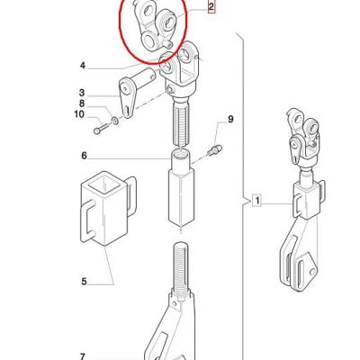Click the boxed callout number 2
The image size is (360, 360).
click(x=211, y=7)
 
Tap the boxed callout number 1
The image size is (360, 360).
click(x=257, y=200)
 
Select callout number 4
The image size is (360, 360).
click(x=83, y=66)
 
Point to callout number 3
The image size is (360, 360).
click(x=82, y=93)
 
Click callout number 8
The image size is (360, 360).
click(x=82, y=103)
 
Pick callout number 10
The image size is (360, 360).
click(x=79, y=114)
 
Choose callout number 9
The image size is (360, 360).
click(x=230, y=120)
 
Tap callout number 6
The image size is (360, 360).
click(x=84, y=156)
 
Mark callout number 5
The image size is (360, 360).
click(x=84, y=282)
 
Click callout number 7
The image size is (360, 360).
click(x=83, y=356)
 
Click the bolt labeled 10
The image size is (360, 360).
click(x=100, y=130)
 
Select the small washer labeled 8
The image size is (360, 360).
click(x=114, y=121)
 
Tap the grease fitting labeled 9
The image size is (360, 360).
click(x=215, y=149)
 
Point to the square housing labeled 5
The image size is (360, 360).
click(x=106, y=209)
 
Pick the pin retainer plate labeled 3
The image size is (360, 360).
click(x=129, y=97)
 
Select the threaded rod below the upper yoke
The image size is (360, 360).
click(x=181, y=122)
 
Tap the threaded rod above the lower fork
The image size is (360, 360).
click(x=181, y=267)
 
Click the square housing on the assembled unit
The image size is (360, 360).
click(x=307, y=200)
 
